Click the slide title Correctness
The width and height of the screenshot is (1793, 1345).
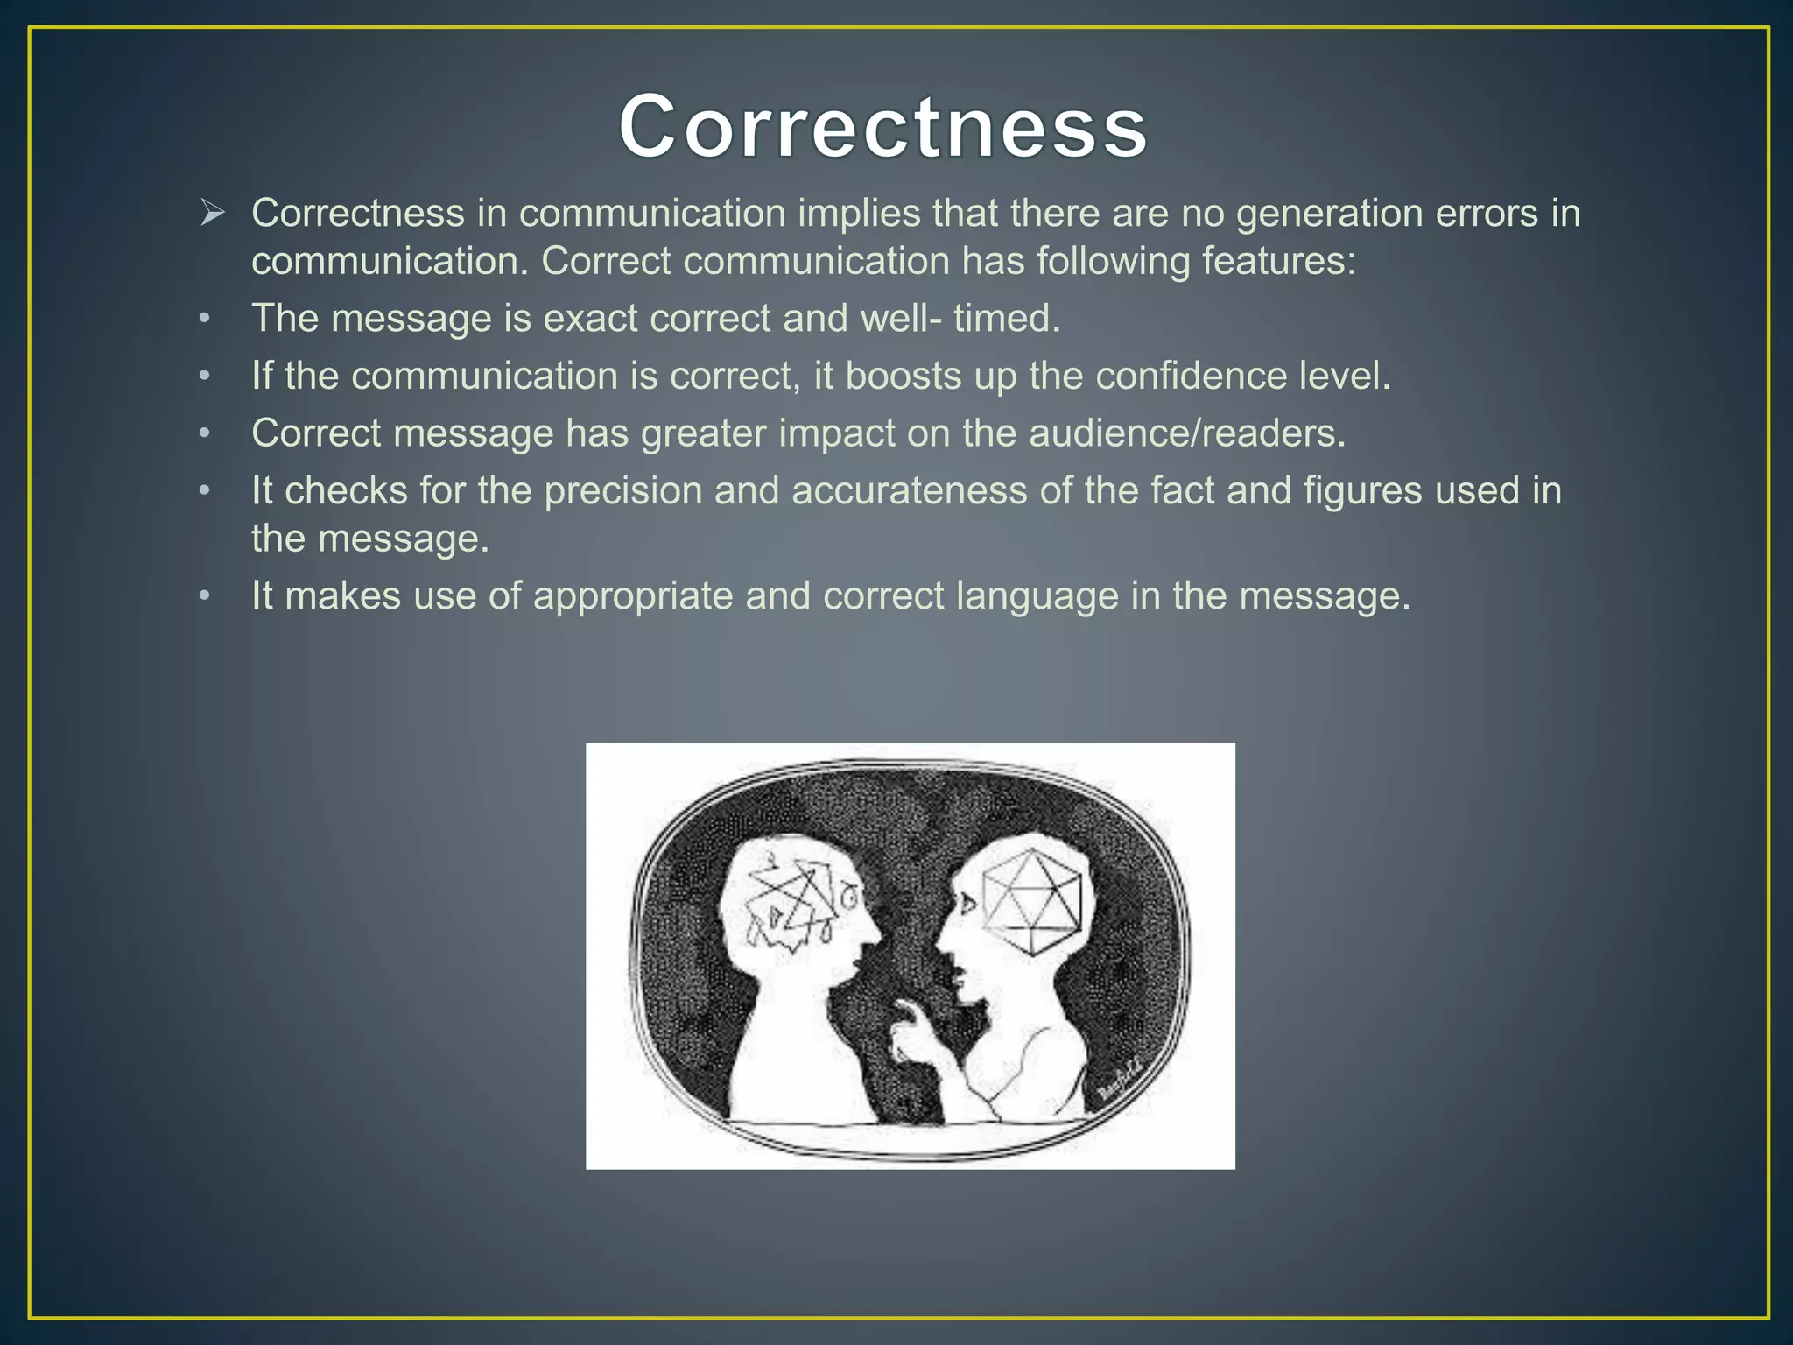coord(882,128)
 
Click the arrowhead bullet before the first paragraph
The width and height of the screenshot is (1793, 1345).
coord(213,213)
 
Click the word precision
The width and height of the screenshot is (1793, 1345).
coord(623,491)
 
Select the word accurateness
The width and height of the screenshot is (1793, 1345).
coord(909,490)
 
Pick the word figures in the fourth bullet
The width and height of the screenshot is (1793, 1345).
coord(1366,491)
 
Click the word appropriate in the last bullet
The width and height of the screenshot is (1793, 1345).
coord(633,596)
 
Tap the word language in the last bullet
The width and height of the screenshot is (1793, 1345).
coord(1037,596)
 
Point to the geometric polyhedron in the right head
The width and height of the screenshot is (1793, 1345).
coord(1032,902)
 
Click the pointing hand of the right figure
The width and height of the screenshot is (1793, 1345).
coord(911,1033)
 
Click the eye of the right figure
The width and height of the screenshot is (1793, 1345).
coord(966,902)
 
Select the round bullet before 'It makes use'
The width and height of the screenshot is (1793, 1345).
coord(204,596)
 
